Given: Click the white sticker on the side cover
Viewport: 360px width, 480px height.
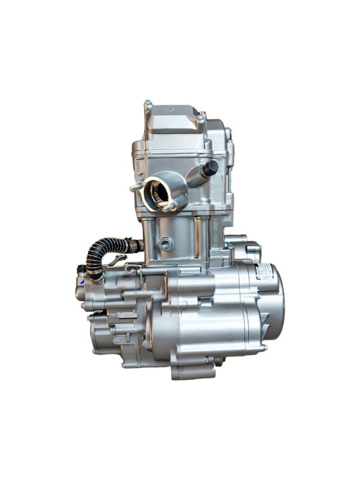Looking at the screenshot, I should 264,272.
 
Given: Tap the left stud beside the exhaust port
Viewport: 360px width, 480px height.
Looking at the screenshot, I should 135,187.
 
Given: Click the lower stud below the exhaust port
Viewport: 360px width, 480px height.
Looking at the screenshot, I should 170,207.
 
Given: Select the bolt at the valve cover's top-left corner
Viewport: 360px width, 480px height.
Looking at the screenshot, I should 147,108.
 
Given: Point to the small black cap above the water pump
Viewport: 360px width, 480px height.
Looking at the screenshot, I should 80,269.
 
